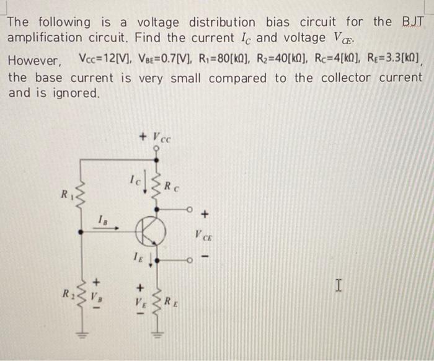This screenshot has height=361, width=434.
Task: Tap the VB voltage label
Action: (x=97, y=296)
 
